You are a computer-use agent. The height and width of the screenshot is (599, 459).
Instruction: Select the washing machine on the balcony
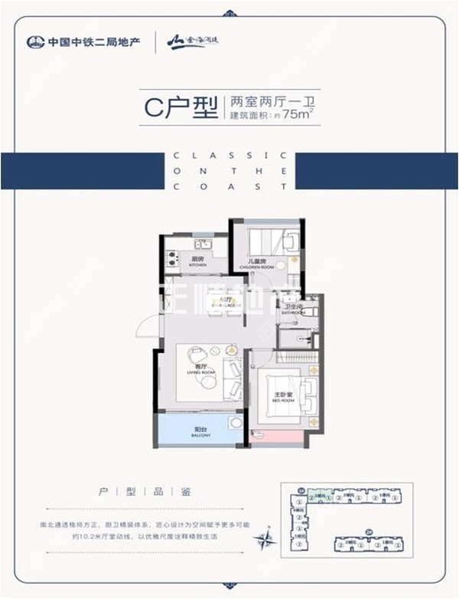coord(235,424)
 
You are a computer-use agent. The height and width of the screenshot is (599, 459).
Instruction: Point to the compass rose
coord(268,537)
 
